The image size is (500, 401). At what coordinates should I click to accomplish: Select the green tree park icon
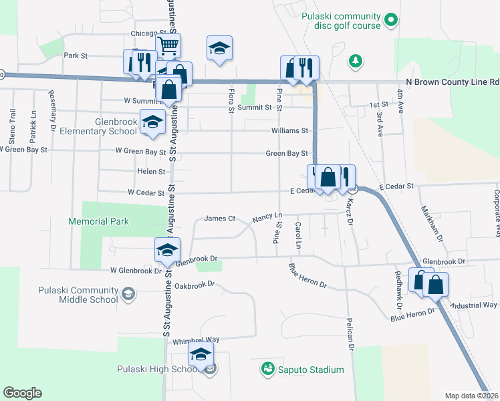pos(356,61)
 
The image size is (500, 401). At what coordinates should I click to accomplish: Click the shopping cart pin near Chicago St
pos(168,47)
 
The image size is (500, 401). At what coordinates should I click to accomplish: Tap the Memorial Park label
pos(98,221)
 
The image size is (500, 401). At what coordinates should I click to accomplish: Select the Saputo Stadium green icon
pos(267,369)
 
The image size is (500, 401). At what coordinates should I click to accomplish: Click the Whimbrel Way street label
pos(196,340)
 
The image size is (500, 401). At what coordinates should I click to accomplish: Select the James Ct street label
pos(220,218)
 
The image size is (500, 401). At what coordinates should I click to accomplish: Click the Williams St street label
pos(289,131)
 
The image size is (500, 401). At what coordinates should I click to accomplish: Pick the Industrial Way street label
pos(474,305)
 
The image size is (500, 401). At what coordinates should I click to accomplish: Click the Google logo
pos(21,393)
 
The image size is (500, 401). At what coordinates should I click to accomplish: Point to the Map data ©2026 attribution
pos(472,396)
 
